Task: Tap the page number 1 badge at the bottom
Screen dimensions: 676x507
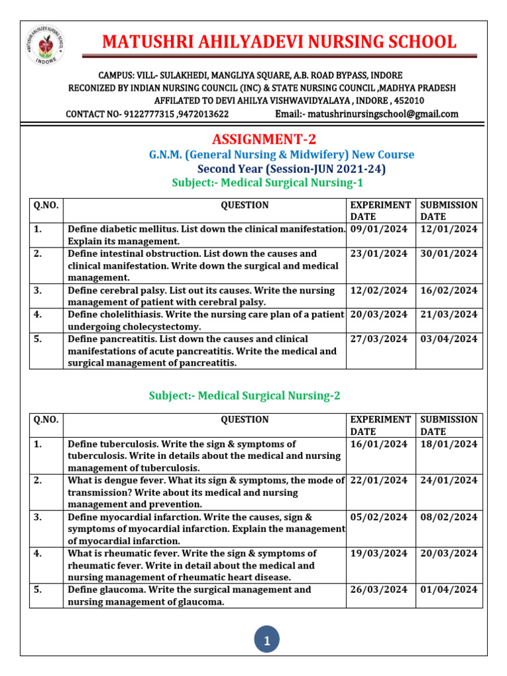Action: [267, 640]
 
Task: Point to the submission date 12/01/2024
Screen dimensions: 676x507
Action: [449, 229]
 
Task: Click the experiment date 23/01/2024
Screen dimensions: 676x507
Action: [379, 253]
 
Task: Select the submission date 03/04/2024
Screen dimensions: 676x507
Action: [449, 339]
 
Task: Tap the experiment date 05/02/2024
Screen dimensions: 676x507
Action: [379, 517]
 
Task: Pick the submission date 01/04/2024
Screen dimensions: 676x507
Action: [449, 590]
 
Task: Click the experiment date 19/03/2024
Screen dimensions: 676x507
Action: [379, 553]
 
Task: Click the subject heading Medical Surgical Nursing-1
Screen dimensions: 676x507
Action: [267, 182]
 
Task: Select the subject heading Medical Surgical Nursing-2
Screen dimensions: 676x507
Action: [244, 395]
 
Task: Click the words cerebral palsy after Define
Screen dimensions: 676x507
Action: [135, 290]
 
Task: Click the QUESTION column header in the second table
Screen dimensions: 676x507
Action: [244, 419]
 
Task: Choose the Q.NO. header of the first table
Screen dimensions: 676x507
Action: [46, 205]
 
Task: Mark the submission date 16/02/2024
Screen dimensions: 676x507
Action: [449, 290]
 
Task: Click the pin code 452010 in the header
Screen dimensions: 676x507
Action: [409, 100]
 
